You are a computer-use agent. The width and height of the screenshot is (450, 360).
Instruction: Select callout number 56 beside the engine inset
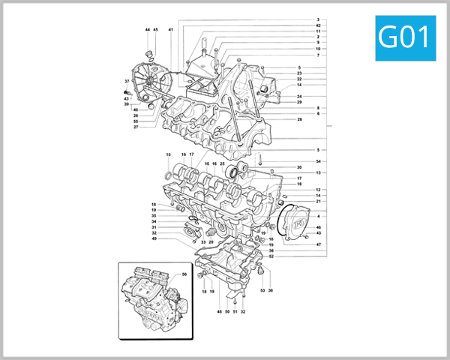183,275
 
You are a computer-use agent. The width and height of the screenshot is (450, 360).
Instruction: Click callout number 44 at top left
148,29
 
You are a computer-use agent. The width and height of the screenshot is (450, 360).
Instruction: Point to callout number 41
171,29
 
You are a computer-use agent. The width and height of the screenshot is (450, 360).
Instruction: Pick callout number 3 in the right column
318,19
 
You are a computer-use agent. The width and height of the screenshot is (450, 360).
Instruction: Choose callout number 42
318,25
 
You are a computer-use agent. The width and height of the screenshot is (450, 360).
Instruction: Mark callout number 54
318,161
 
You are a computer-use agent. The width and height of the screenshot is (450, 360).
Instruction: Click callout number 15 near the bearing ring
168,154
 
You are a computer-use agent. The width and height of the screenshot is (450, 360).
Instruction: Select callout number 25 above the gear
223,163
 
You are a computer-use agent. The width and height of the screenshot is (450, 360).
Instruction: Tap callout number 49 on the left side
154,238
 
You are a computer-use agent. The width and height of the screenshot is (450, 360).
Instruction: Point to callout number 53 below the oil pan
262,289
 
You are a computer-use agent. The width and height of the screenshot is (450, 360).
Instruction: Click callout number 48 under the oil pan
220,310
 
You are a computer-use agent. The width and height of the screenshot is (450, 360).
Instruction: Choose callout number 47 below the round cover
318,245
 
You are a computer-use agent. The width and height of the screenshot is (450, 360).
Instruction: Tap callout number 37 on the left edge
127,81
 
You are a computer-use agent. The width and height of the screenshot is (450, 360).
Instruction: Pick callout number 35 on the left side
154,215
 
